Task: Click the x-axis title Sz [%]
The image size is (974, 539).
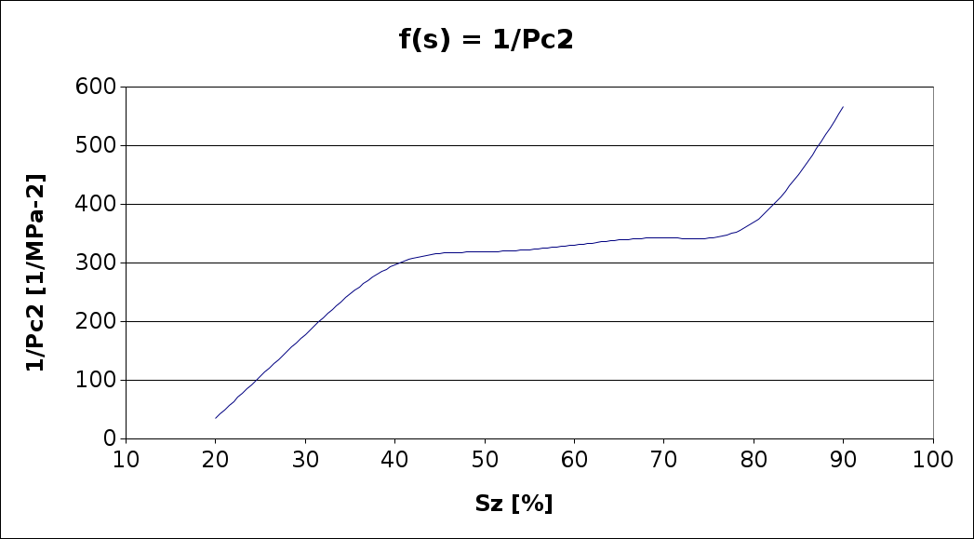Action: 514,504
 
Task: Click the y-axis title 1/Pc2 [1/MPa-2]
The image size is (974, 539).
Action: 35,272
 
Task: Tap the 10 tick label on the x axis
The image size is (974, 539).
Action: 126,459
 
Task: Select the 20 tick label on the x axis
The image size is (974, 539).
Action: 215,459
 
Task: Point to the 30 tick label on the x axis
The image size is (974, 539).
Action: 305,459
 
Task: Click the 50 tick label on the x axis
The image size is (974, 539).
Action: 485,459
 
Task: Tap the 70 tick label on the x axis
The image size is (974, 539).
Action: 664,459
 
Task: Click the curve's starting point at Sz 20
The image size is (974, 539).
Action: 215,418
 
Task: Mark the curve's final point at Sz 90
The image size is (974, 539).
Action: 843,106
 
